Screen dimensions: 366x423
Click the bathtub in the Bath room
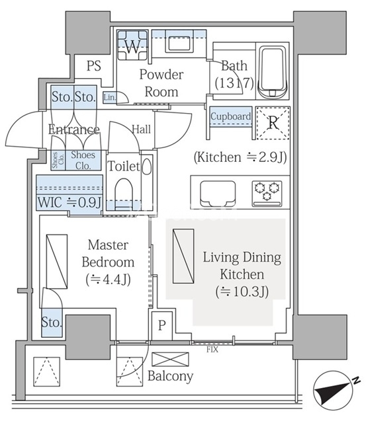pyautogui.click(x=272, y=72)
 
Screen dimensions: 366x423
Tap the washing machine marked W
pyautogui.click(x=132, y=45)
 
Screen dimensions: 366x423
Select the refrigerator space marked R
pyautogui.click(x=273, y=124)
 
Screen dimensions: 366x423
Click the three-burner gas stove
pyautogui.click(x=267, y=194)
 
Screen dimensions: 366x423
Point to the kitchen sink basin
pyautogui.click(x=218, y=194)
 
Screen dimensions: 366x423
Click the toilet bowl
pyautogui.click(x=124, y=193)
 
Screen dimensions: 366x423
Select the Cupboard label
pyautogui.click(x=231, y=116)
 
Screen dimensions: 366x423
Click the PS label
pyautogui.click(x=94, y=65)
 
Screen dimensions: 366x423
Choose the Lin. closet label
pyautogui.click(x=109, y=97)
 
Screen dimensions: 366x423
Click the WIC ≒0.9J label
pyautogui.click(x=69, y=202)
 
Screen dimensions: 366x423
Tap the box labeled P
pyautogui.click(x=161, y=326)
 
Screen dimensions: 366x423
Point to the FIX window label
pyautogui.click(x=212, y=350)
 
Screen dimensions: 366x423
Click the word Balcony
pyautogui.click(x=171, y=376)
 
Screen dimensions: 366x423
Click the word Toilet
pyautogui.click(x=124, y=166)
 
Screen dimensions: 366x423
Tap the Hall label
pyautogui.click(x=141, y=130)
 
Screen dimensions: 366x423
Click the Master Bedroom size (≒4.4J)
pyautogui.click(x=108, y=280)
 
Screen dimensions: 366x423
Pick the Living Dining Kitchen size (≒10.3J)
pyautogui.click(x=242, y=291)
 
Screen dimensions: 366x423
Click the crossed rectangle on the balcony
pyautogui.click(x=171, y=360)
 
